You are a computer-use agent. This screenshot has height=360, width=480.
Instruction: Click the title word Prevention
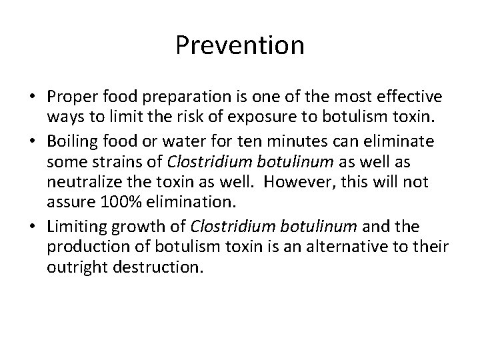(240, 45)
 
